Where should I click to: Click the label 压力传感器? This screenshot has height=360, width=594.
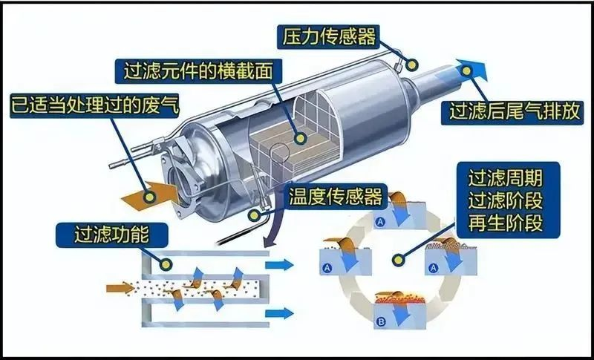[x=328, y=36]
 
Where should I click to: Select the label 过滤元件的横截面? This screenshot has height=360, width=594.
[x=198, y=71]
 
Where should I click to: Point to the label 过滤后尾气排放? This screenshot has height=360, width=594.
[x=514, y=112]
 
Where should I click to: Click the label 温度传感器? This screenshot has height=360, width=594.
[x=335, y=197]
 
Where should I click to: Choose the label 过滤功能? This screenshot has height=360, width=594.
[x=111, y=235]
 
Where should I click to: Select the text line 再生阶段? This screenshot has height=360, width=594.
[x=506, y=223]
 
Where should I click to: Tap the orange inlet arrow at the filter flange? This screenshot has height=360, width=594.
[x=150, y=194]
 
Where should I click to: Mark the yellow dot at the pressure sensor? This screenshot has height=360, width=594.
[x=411, y=65]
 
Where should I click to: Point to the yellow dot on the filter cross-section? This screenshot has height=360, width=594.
[x=301, y=138]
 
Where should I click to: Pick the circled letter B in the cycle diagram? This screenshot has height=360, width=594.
[x=381, y=323]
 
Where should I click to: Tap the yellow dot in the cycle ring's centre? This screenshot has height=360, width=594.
[x=397, y=260]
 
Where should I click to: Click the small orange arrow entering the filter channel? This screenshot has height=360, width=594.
[x=120, y=289]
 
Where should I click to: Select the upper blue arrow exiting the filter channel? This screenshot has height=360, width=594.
[x=279, y=265]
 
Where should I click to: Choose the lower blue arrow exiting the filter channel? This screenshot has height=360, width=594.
[x=279, y=313]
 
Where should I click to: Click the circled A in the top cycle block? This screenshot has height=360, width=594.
[x=379, y=223]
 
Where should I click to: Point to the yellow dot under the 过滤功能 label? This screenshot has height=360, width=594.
[x=166, y=264]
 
